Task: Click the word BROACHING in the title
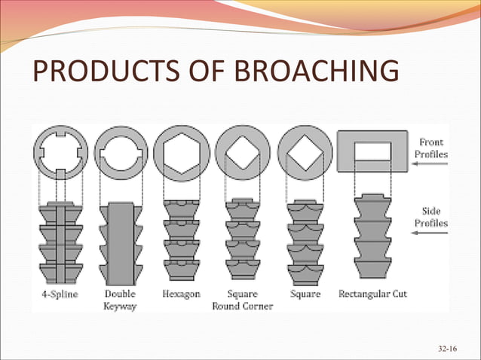click(317, 74)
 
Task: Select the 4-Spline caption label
click(60, 294)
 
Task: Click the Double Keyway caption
click(119, 300)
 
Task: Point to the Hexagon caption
click(181, 294)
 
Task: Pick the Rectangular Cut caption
click(373, 294)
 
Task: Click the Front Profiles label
click(431, 148)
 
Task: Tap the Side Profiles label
click(431, 217)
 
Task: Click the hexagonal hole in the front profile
click(181, 151)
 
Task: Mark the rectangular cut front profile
click(372, 153)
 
